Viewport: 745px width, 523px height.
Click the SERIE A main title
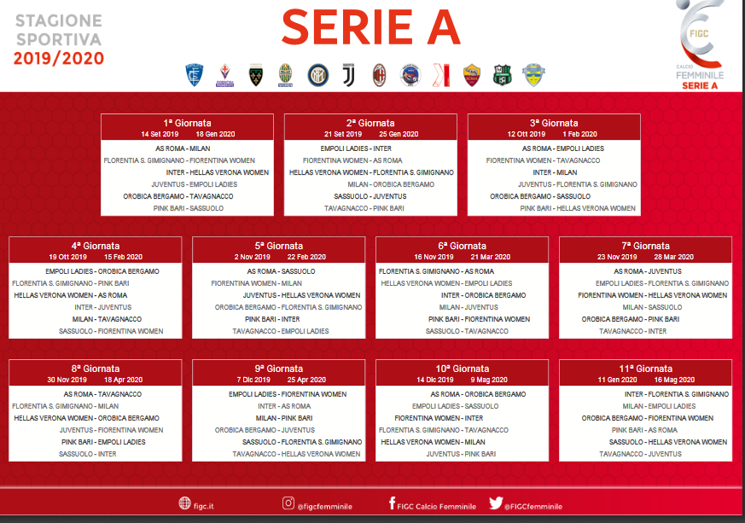[371, 27]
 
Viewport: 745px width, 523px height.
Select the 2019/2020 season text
[58, 58]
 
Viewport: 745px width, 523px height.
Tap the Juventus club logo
[349, 75]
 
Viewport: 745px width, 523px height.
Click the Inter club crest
[317, 75]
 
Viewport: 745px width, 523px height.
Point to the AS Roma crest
[472, 75]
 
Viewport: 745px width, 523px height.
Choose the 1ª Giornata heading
[187, 123]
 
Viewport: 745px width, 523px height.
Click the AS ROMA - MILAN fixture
[183, 148]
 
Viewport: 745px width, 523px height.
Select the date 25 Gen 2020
[399, 134]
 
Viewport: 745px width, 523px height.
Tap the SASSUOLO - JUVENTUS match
[370, 196]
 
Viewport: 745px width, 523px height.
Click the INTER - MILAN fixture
[555, 172]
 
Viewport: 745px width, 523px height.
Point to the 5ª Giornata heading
[279, 246]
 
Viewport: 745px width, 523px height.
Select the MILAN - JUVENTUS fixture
[469, 307]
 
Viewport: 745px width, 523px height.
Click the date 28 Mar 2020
[673, 257]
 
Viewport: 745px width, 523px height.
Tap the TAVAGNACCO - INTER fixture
[633, 331]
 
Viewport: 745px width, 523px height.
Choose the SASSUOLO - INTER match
[87, 454]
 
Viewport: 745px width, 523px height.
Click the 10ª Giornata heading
[463, 369]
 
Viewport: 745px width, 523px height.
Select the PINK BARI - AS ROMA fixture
[644, 430]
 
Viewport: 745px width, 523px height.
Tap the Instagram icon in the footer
[288, 503]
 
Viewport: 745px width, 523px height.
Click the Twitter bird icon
[496, 503]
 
